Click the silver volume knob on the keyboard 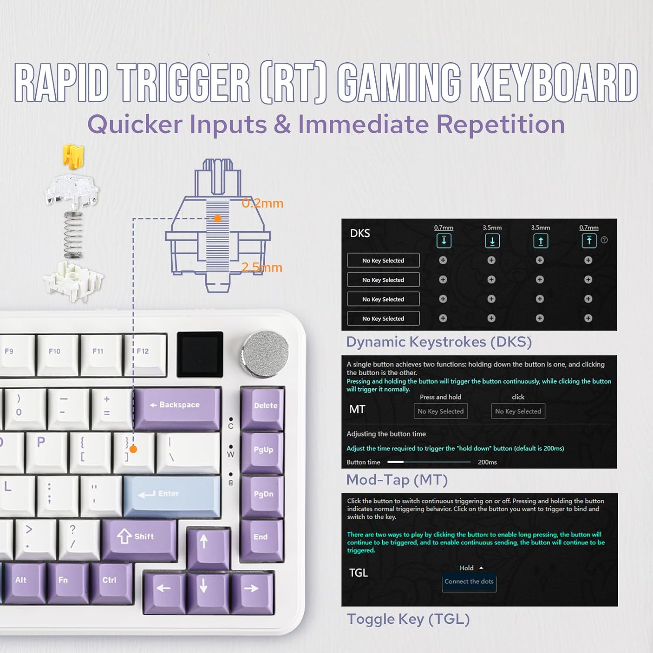(265, 354)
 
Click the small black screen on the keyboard (199, 354)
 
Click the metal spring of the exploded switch (73, 235)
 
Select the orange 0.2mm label (263, 203)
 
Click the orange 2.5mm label (262, 267)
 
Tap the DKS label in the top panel (360, 233)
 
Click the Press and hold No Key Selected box (441, 411)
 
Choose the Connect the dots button (469, 582)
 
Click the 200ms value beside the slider (487, 462)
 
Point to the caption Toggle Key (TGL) (408, 619)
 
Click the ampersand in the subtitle (283, 125)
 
